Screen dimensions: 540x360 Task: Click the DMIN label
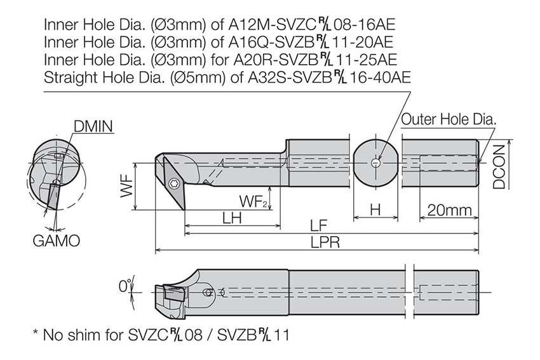point(93,126)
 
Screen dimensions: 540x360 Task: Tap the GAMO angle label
point(57,241)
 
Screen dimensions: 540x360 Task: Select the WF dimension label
point(127,185)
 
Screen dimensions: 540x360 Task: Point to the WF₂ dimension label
point(253,201)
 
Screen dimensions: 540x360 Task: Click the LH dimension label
point(232,218)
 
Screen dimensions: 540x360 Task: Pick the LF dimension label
point(318,226)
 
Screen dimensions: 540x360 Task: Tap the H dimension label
point(375,210)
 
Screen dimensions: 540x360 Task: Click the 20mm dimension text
point(449,210)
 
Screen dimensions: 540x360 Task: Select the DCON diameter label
point(499,166)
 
